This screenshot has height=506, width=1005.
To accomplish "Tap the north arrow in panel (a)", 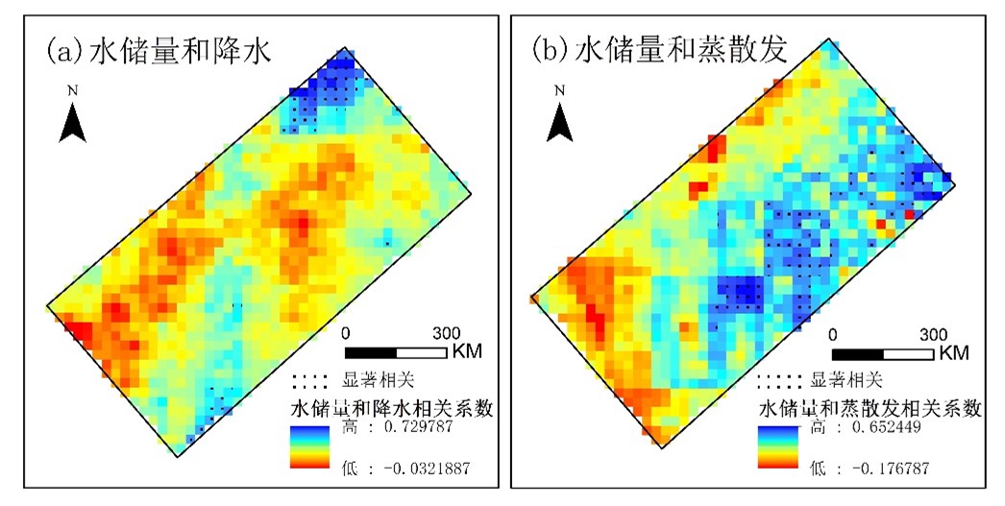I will (72, 123).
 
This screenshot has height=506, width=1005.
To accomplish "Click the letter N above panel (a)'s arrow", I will (72, 90).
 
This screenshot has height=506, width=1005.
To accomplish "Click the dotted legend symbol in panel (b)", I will (779, 378).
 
